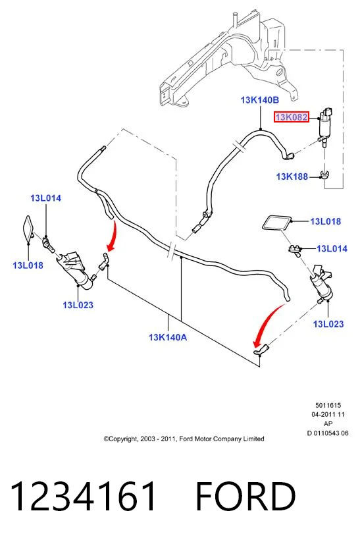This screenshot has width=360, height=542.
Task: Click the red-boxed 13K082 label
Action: click(x=292, y=117)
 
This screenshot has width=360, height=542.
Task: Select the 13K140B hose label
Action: click(x=259, y=100)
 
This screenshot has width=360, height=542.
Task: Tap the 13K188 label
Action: click(x=292, y=176)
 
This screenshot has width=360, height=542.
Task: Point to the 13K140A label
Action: click(x=168, y=337)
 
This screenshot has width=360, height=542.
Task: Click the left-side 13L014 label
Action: click(x=45, y=198)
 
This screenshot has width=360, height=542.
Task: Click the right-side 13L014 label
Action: click(x=332, y=248)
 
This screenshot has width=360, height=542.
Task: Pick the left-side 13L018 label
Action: click(x=28, y=265)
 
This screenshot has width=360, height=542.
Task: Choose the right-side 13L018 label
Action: click(x=326, y=221)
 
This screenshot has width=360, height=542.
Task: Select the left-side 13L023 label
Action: click(x=78, y=305)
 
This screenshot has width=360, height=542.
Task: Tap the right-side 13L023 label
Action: click(x=328, y=324)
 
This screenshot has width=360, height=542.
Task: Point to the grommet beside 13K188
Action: click(x=324, y=175)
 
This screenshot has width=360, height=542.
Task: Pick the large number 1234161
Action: click(x=84, y=497)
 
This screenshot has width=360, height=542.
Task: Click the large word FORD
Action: click(x=245, y=497)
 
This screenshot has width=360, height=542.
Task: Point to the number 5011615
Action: click(x=328, y=405)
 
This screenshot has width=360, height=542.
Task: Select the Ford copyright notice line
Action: click(x=184, y=439)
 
